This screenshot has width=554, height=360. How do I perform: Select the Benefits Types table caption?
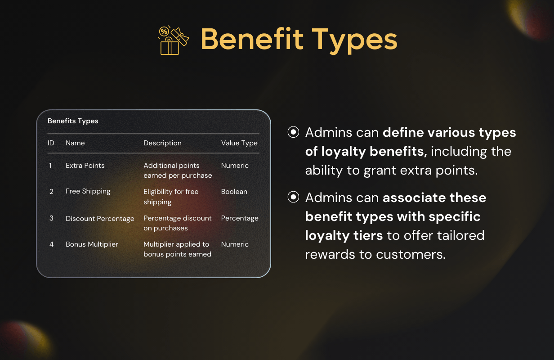73,121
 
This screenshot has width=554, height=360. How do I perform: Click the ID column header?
51,143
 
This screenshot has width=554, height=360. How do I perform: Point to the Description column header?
162,143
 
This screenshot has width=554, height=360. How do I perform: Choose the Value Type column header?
239,143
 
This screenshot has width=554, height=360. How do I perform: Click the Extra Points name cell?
85,166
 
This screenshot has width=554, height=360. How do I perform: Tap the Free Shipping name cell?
88,192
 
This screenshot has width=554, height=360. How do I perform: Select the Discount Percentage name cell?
100,219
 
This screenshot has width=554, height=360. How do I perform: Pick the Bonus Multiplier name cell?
92,244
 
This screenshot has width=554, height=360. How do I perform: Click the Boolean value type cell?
234,192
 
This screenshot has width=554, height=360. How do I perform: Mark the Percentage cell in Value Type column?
240,218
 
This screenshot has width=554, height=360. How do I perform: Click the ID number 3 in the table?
51,218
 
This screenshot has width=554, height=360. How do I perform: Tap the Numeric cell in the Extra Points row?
235,166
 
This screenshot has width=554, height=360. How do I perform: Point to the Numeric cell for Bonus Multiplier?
235,244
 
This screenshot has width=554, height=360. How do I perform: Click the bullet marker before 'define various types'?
293,132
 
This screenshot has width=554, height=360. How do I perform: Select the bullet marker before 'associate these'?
293,198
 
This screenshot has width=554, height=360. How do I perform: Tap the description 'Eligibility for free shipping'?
171,197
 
